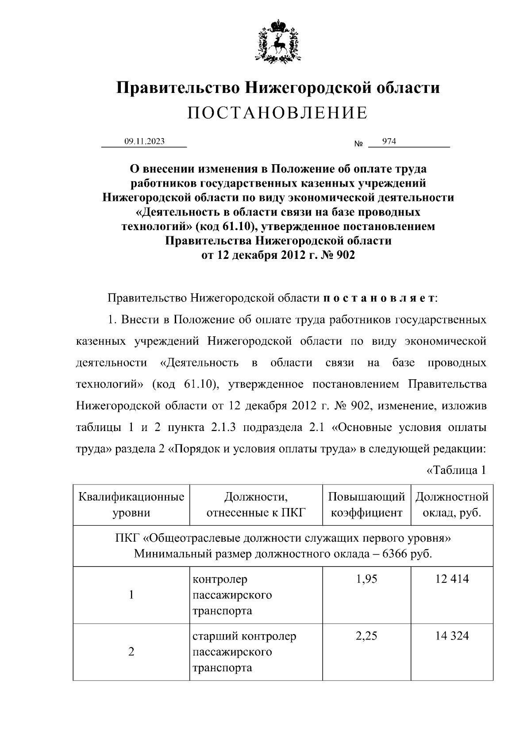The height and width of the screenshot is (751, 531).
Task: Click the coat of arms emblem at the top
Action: [278, 40]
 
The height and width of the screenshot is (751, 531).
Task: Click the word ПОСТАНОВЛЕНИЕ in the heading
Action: [277, 113]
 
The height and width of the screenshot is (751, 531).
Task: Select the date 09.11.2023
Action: [144, 142]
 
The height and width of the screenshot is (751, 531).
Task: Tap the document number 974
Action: [389, 142]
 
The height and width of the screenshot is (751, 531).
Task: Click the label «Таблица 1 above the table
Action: [456, 470]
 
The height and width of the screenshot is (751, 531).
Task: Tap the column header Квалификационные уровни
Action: [131, 505]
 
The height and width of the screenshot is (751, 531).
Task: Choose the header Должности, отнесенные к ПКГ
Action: [256, 505]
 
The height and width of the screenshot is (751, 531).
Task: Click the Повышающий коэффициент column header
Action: [366, 505]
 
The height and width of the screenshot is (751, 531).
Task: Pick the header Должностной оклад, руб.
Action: [452, 505]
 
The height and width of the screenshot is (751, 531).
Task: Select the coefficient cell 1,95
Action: [366, 579]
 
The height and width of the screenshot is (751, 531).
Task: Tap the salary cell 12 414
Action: [452, 579]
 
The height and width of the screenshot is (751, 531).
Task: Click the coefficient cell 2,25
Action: [366, 636]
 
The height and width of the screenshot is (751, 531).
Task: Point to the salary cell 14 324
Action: [452, 636]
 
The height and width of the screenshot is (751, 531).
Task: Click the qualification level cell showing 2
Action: [131, 652]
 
